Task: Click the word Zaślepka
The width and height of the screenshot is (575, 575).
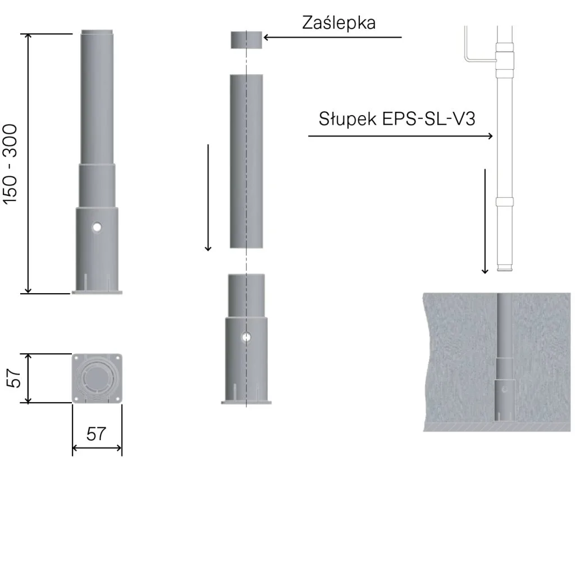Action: click(x=339, y=22)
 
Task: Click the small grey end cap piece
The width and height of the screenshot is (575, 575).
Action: click(x=247, y=40)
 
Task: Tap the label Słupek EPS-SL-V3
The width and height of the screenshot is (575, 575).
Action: click(x=397, y=119)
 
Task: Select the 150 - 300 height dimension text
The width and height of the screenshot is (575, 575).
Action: click(x=10, y=164)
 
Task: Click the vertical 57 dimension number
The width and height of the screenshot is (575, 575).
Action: click(x=14, y=378)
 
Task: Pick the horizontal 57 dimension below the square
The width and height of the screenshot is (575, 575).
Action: click(x=96, y=434)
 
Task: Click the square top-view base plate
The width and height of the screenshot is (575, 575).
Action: click(x=97, y=378)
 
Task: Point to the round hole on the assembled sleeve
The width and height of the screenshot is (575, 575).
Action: click(x=97, y=227)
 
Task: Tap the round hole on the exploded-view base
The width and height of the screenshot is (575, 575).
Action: click(x=247, y=337)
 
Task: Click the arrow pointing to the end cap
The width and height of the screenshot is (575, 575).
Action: click(x=332, y=37)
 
